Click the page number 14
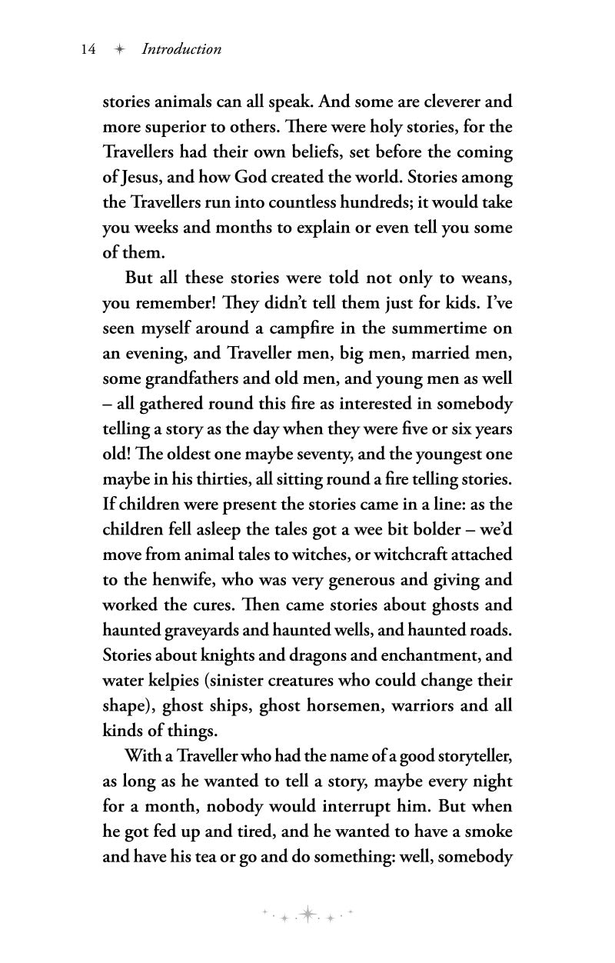click(88, 49)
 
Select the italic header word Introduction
click(181, 49)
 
